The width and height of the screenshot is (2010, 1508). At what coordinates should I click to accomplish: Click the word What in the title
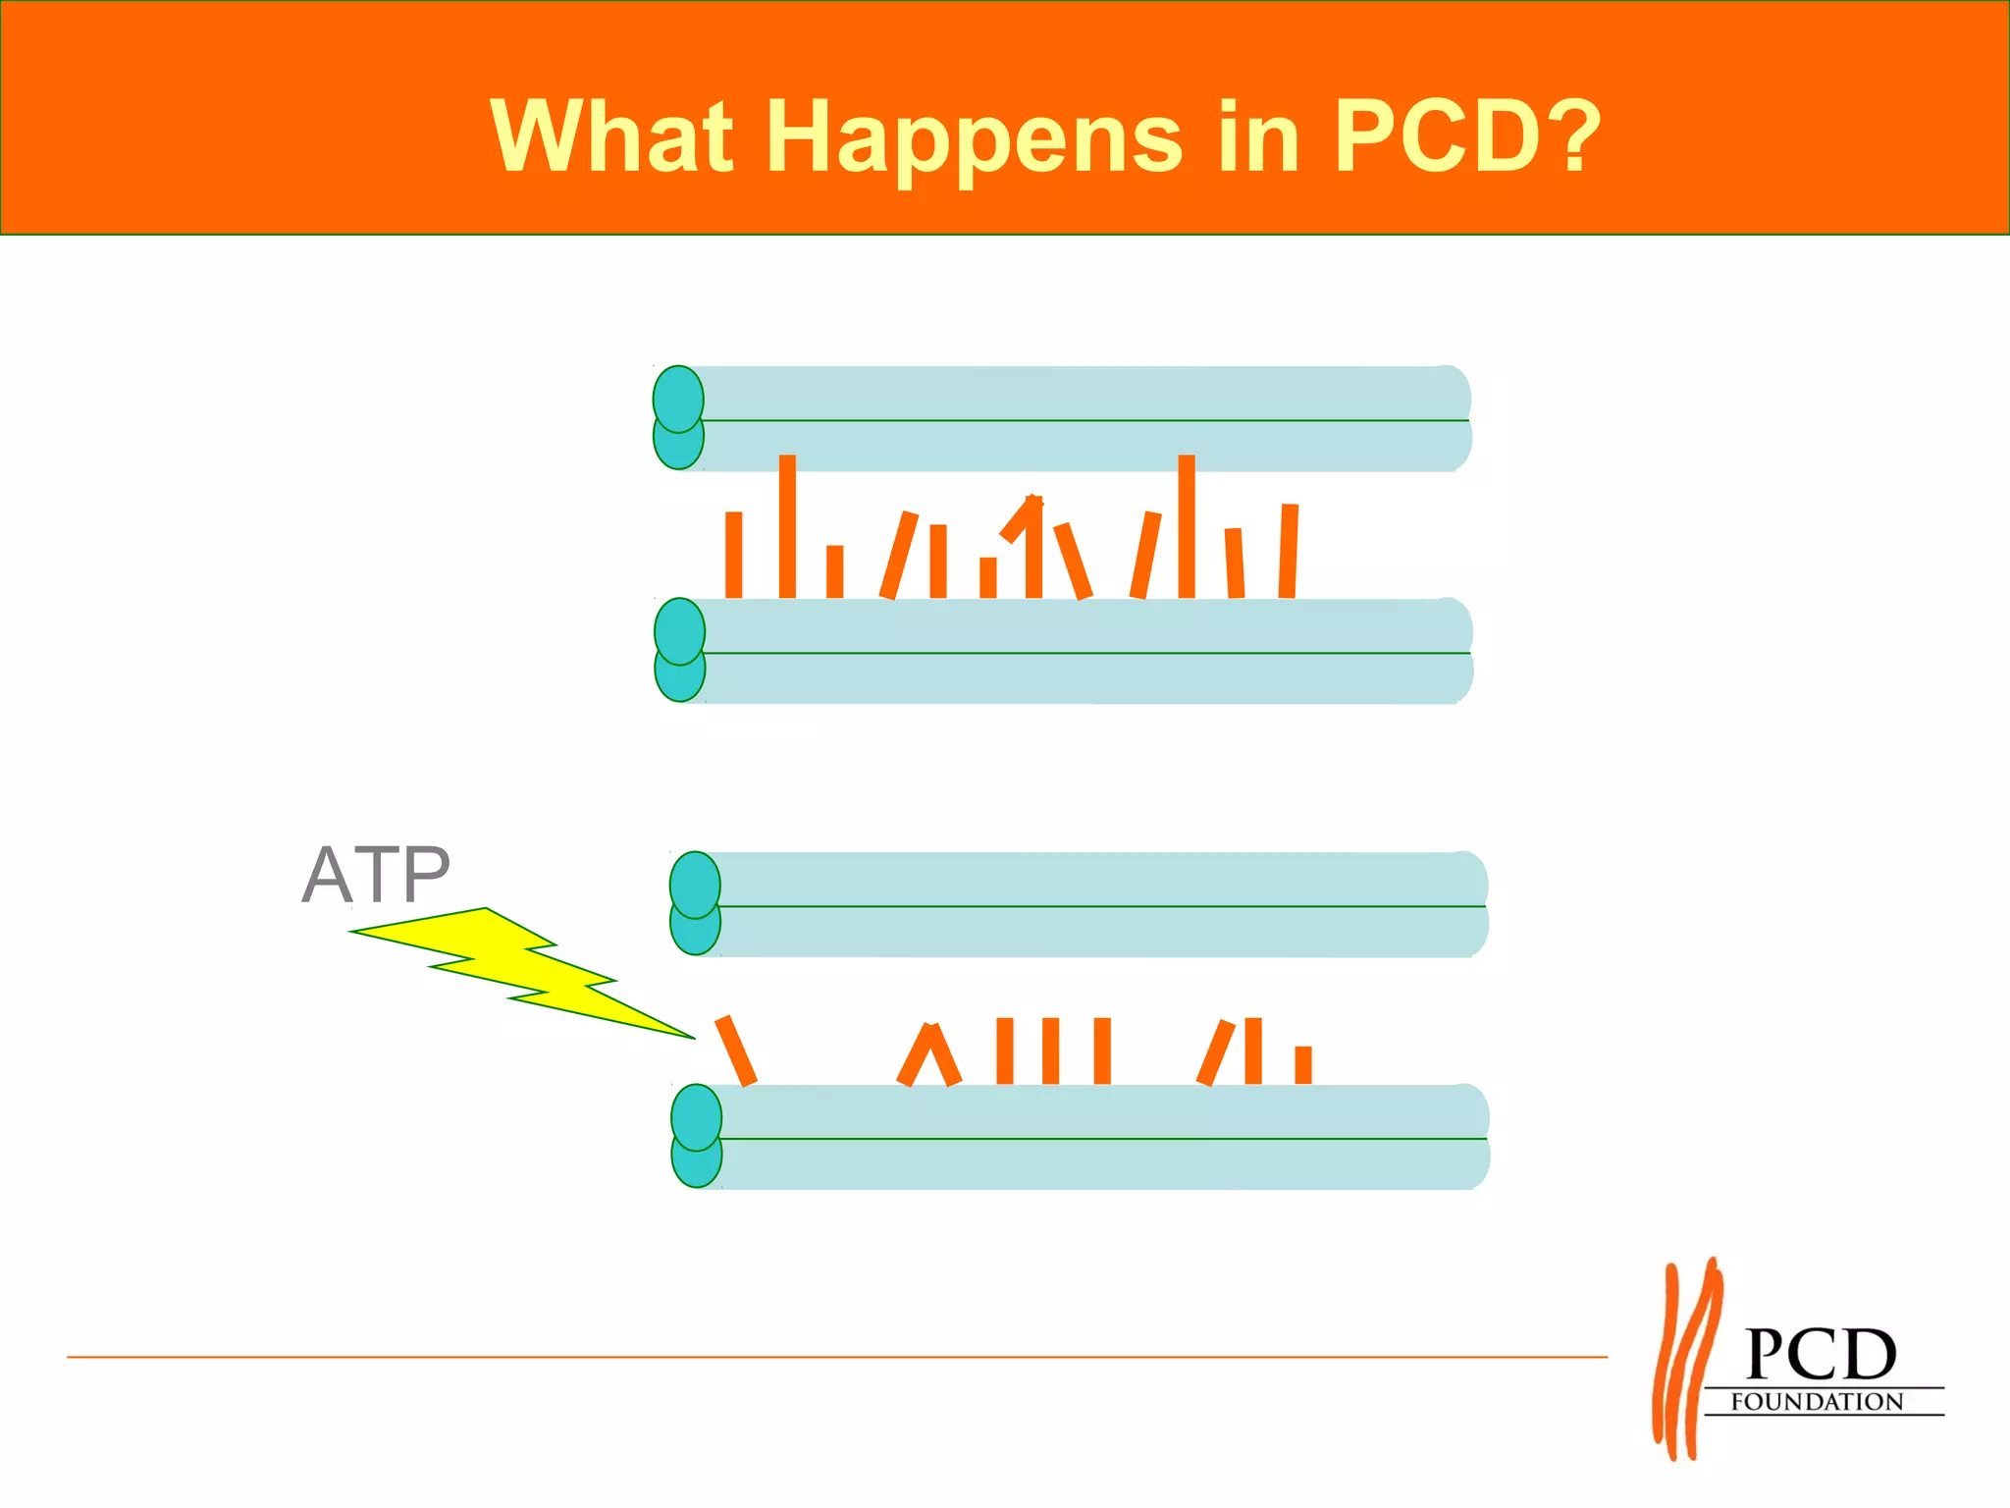[x=611, y=137]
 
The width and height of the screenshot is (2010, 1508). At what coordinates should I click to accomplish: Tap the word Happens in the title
[x=974, y=139]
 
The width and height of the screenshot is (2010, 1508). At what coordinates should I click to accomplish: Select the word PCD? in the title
[x=1467, y=137]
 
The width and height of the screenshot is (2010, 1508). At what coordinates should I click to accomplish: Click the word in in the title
[x=1259, y=137]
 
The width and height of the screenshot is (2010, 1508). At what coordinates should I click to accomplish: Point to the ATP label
[x=376, y=875]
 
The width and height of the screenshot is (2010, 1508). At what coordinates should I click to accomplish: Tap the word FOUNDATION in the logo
[x=1817, y=1402]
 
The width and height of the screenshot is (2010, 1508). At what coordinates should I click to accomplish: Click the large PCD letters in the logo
[x=1821, y=1355]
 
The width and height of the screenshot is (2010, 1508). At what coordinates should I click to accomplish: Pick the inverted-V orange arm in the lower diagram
[x=928, y=1056]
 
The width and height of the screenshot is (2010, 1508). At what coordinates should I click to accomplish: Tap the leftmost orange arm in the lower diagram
[x=736, y=1050]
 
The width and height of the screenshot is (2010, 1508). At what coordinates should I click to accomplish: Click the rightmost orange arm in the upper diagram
[x=1289, y=551]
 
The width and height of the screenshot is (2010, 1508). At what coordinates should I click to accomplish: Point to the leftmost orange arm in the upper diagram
[x=733, y=555]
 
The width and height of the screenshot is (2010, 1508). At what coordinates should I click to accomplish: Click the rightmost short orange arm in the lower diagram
[x=1303, y=1065]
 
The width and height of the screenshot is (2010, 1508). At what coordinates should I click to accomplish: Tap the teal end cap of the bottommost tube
[x=697, y=1136]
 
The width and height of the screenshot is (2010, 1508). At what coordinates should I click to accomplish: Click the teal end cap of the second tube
[x=679, y=650]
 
